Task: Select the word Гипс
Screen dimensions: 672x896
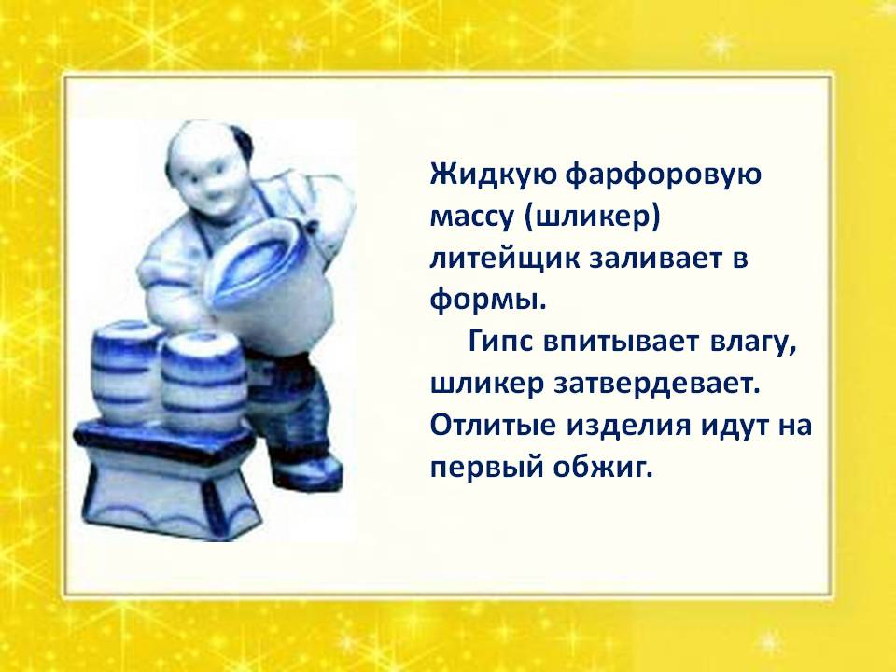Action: [503, 343]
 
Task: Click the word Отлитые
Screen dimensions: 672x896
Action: [493, 427]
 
